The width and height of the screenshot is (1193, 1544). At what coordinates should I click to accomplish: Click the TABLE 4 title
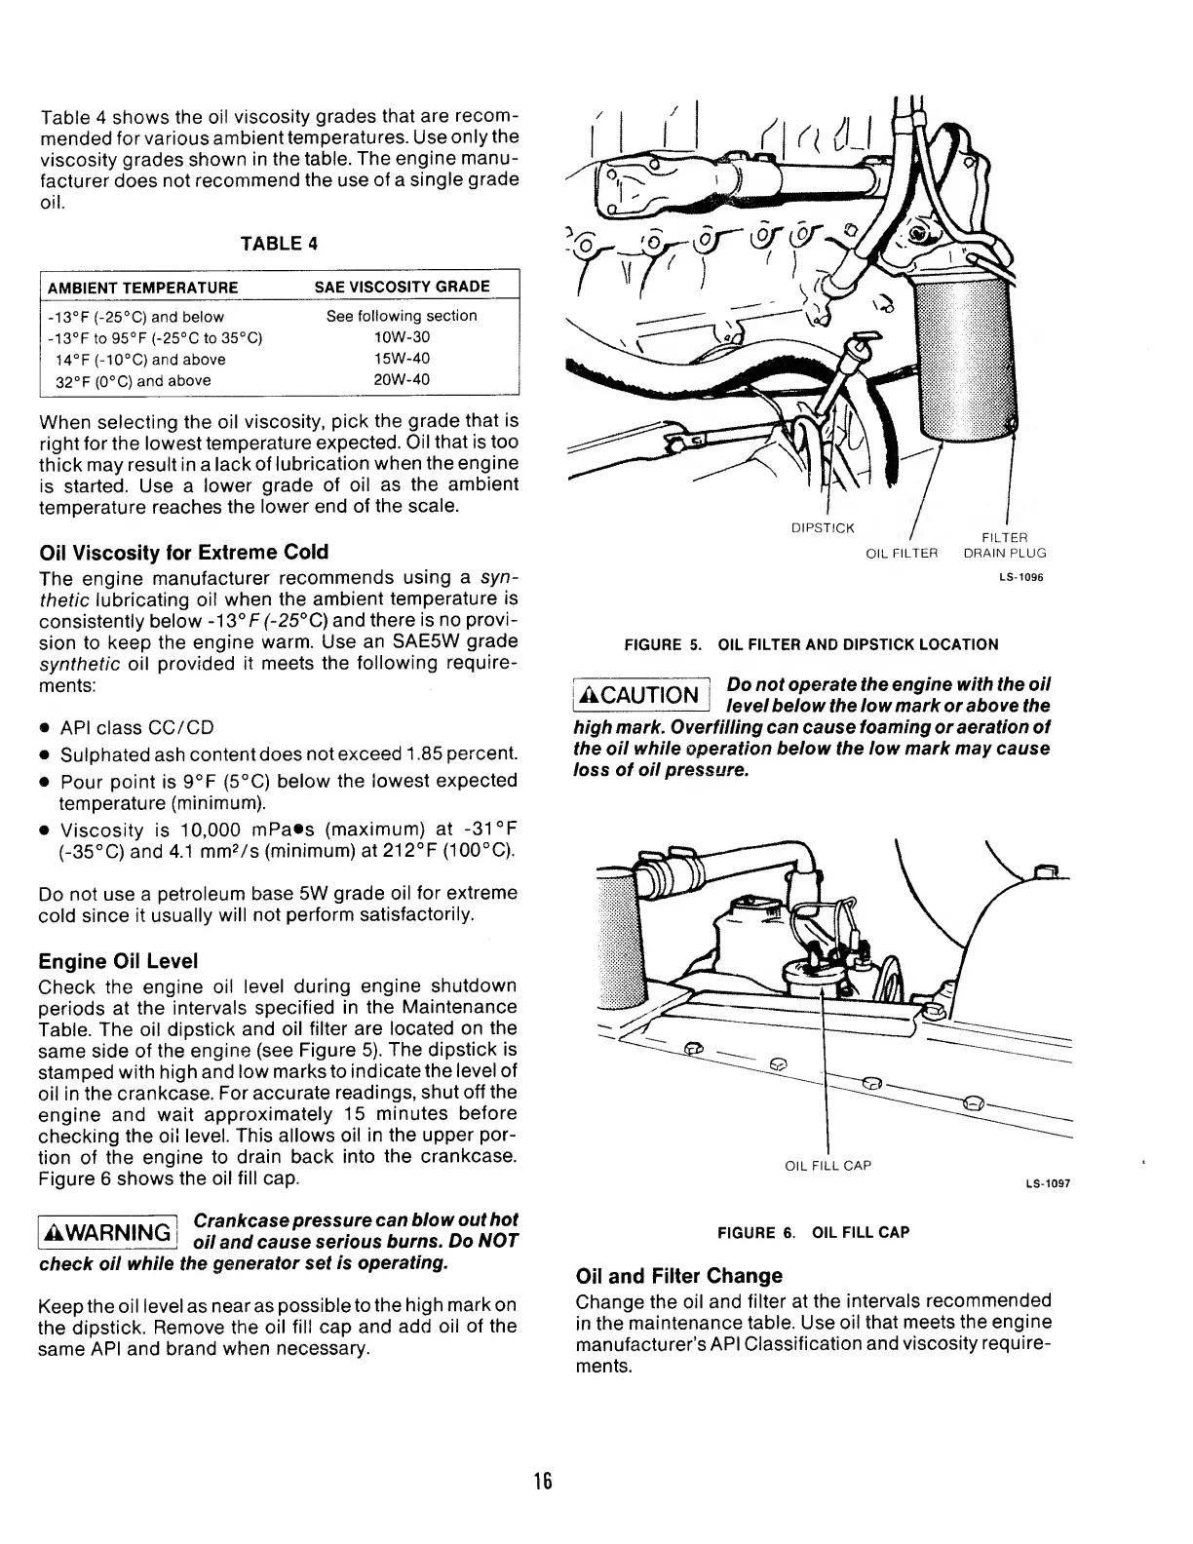point(279,244)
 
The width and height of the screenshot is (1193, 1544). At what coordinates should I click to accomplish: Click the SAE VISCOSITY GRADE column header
point(402,287)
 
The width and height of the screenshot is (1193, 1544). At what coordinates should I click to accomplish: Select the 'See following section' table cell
point(402,316)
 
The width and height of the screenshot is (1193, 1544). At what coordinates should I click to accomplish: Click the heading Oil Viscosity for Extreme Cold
point(183,552)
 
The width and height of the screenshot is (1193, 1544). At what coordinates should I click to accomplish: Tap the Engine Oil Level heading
point(118,961)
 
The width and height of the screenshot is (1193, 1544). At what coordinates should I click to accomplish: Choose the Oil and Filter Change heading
point(679,1276)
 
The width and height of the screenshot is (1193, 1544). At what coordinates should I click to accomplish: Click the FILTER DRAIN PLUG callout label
point(1004,545)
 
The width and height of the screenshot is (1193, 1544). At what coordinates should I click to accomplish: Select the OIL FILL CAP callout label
point(827,1166)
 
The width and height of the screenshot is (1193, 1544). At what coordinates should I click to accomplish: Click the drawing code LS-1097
point(1051,1183)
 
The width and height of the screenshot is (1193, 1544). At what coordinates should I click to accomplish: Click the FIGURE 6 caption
point(813,1232)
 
